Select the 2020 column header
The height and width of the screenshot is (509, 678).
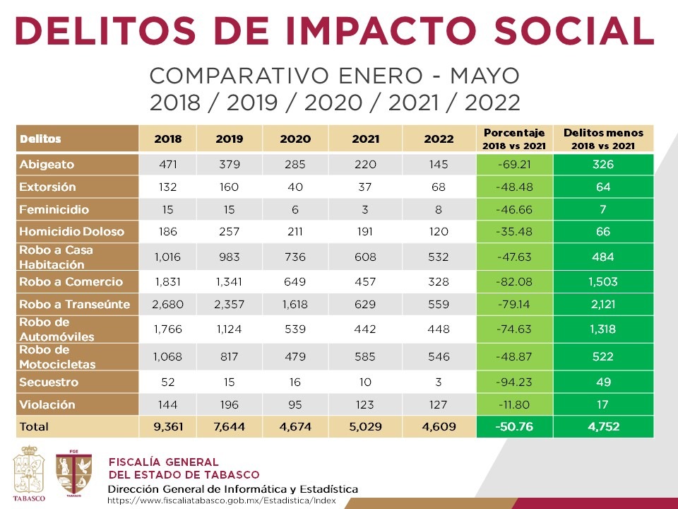coord(295,139)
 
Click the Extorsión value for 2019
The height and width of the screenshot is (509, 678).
coord(230,187)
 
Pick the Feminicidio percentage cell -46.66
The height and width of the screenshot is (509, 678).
coord(515,210)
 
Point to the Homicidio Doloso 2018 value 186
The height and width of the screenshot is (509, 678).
coord(168,231)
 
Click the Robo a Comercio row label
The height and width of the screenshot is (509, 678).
coord(71,282)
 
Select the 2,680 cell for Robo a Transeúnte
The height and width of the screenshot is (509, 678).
coord(168,305)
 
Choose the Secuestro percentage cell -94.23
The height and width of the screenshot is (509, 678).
coord(515,382)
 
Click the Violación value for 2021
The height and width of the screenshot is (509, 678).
coord(365,405)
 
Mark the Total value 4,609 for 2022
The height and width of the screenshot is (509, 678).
coord(439,427)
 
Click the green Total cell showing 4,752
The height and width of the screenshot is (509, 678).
coord(602,427)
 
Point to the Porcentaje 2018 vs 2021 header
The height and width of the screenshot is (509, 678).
coord(515,139)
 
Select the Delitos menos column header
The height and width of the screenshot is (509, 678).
coord(602,139)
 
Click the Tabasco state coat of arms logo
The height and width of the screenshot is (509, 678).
coord(30,472)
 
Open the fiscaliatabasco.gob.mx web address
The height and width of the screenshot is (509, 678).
coord(222,501)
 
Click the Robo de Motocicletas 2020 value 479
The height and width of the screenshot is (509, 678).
coord(295,357)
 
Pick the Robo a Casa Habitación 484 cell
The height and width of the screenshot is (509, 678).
coord(602,257)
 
